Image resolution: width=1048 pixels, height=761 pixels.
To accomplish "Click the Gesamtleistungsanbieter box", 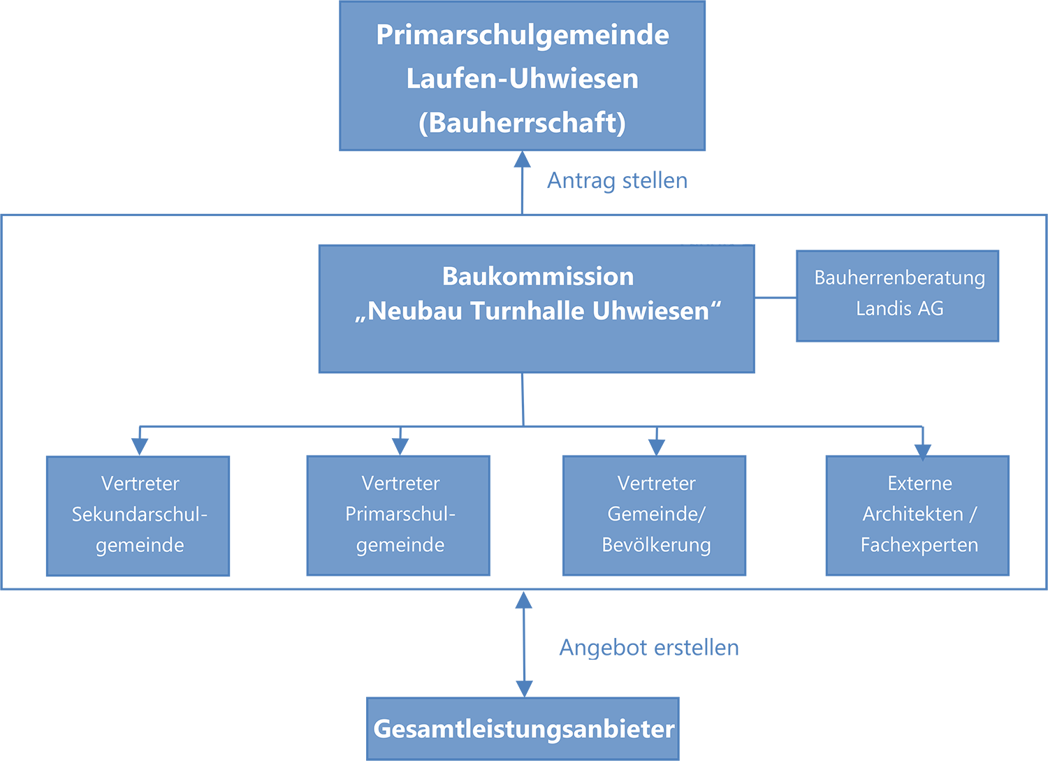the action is (x=523, y=729).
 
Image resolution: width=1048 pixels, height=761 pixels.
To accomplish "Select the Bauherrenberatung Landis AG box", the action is (x=897, y=296).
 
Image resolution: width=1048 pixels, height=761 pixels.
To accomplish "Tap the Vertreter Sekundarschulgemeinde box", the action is (x=138, y=516).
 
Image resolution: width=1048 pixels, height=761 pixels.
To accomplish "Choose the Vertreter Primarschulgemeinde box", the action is (x=398, y=515).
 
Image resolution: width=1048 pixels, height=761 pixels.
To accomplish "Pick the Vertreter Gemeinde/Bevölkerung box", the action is (x=654, y=515).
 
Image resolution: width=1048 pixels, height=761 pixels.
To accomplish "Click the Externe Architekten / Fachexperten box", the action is (x=917, y=515).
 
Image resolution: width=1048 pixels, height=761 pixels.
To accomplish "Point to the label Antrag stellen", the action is (x=618, y=181).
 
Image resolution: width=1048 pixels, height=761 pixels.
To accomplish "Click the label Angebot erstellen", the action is (x=649, y=648).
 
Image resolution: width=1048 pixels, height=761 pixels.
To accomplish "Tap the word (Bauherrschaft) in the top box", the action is (x=522, y=123).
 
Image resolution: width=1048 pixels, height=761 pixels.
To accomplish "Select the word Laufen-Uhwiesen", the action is (x=522, y=78).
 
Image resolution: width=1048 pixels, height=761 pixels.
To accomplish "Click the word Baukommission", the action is (x=538, y=276).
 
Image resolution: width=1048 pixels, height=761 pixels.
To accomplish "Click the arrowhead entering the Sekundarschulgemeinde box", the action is (x=140, y=447).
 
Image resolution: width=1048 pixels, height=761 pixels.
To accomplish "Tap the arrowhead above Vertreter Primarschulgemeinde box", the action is (x=400, y=447).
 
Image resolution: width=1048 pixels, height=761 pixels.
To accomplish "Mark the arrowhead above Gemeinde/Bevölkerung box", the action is (x=657, y=447).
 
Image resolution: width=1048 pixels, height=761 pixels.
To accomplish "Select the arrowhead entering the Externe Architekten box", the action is (x=923, y=452).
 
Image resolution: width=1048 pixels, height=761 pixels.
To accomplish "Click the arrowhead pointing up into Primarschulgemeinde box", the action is (x=522, y=159).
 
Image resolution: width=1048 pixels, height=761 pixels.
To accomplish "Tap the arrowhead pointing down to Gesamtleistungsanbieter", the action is (x=524, y=689).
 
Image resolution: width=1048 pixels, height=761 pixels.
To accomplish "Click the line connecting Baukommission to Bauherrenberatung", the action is (x=776, y=297).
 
